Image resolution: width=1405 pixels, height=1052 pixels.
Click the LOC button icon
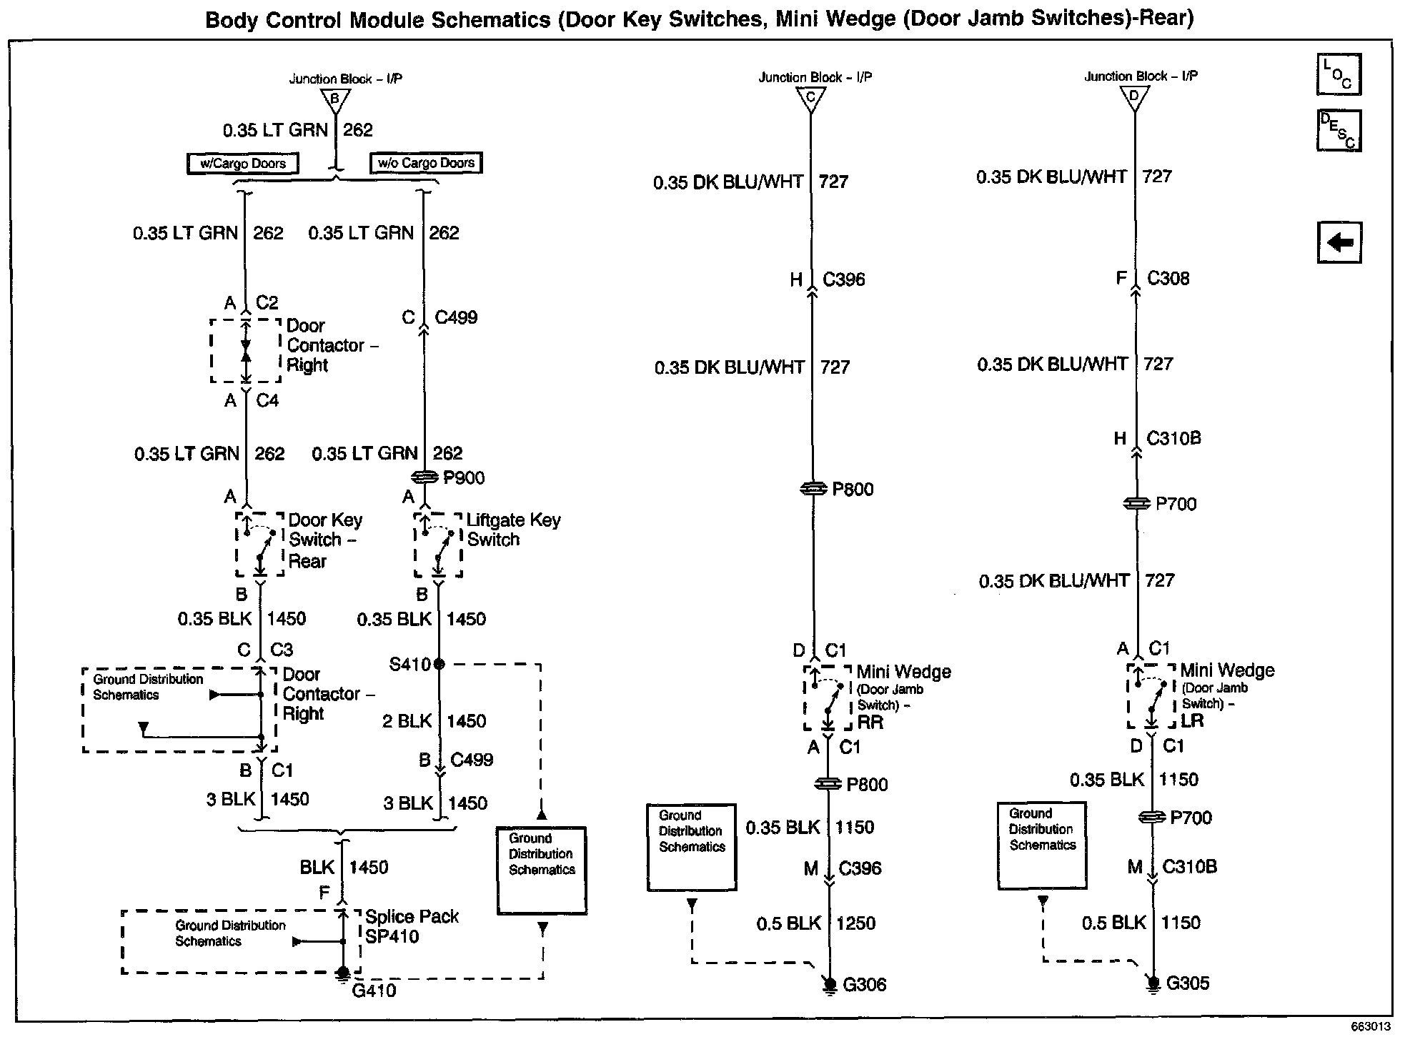click(x=1339, y=75)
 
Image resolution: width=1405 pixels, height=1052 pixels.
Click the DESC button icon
click(x=1339, y=131)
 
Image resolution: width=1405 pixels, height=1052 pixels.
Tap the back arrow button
click(x=1339, y=243)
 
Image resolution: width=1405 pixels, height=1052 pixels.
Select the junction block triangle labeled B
click(x=334, y=99)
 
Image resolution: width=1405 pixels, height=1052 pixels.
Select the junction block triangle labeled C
click(x=810, y=99)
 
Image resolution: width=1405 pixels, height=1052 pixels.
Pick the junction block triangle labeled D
click(x=1134, y=98)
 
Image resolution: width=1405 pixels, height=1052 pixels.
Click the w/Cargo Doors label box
click(x=243, y=164)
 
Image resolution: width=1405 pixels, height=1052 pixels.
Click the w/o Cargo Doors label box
click(x=426, y=163)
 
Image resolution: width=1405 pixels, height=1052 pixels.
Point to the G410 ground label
click(x=374, y=991)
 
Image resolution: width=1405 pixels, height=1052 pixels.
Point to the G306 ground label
click(x=865, y=985)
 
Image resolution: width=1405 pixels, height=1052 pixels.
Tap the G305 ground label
click(x=1188, y=983)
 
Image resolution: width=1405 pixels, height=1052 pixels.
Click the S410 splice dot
click(x=439, y=664)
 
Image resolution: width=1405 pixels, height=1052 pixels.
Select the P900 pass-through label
click(x=464, y=478)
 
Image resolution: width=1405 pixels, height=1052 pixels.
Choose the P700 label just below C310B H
click(x=1176, y=504)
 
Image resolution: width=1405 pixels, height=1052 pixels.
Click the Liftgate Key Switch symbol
click(x=438, y=545)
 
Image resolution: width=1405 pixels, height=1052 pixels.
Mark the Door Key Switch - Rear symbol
click(x=259, y=545)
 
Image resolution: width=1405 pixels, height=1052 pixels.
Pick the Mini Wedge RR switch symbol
click(x=827, y=698)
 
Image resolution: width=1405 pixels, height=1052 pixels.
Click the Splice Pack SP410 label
click(x=412, y=926)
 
